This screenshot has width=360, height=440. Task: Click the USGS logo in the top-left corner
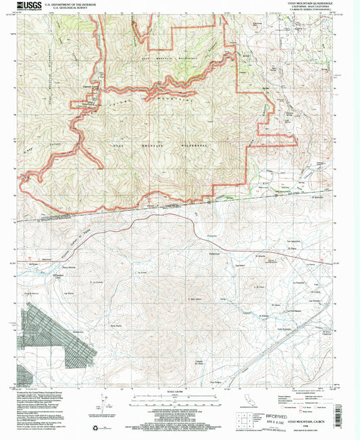click(x=20, y=6)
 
